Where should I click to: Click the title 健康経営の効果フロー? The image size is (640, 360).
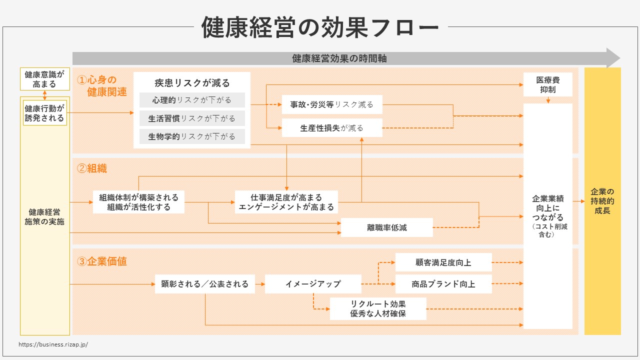point(320,27)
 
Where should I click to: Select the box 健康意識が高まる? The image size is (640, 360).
point(44,79)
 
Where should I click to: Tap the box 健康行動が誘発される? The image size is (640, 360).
point(44,113)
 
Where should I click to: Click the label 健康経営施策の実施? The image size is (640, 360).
point(44,216)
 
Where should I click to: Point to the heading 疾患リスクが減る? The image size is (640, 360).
point(192,83)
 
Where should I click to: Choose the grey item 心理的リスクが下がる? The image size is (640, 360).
point(192,100)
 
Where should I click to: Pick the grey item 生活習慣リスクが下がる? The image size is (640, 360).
point(192,118)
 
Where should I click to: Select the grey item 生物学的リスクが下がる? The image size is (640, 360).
point(192,136)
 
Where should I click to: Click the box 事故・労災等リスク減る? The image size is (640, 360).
point(332,104)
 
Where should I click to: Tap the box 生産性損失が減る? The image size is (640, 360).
point(332,128)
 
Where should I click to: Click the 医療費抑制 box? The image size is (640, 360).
point(547,84)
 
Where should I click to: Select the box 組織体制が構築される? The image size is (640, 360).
point(138,202)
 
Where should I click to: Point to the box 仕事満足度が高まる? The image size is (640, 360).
point(286,202)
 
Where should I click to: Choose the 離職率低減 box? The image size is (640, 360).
point(386,227)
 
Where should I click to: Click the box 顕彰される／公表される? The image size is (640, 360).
point(204,283)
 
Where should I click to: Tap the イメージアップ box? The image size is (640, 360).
point(313,283)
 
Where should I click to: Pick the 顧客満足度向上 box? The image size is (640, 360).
point(443,262)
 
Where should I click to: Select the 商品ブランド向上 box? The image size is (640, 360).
point(443,284)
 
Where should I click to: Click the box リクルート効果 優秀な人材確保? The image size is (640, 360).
point(377,309)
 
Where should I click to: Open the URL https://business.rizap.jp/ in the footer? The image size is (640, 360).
point(53,344)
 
